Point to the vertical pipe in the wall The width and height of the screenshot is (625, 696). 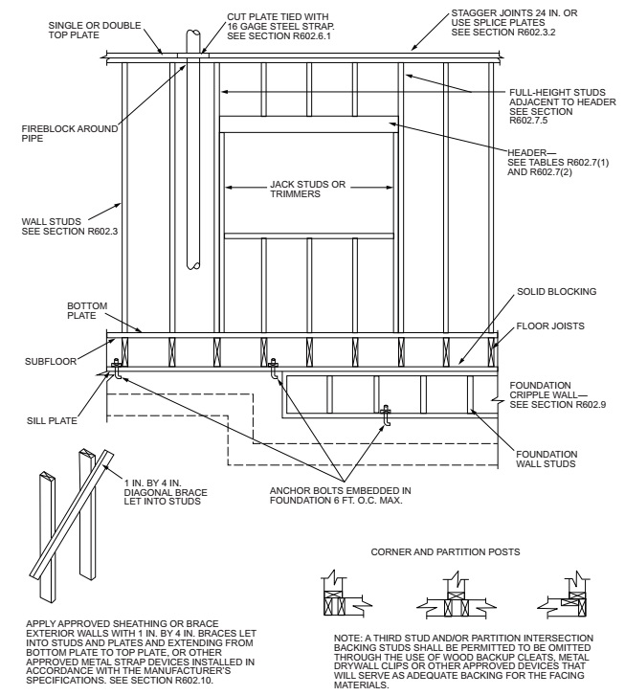(x=194, y=153)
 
